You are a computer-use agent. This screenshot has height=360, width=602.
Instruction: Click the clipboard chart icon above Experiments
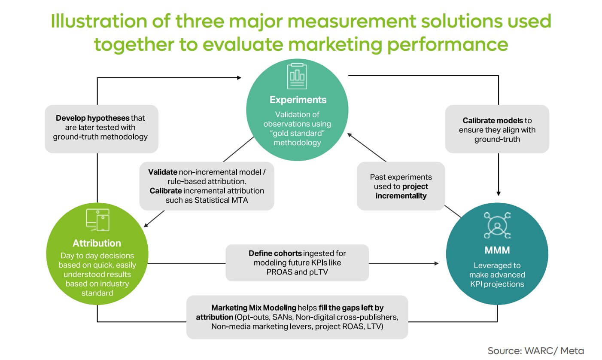coord(297,73)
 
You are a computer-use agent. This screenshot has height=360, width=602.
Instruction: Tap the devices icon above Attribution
coord(97,220)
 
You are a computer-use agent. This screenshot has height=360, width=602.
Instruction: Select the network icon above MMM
coord(497,225)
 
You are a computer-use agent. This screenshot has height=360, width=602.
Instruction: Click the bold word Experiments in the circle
coord(298,100)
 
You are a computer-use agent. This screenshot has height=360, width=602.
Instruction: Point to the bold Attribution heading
coord(97,243)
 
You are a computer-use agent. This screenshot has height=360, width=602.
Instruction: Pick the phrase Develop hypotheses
coord(92,117)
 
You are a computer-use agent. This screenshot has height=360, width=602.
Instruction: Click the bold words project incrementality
coord(401,191)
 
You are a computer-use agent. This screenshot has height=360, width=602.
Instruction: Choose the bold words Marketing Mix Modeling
coord(254,308)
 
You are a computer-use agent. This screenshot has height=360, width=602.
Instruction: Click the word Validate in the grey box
coord(163,171)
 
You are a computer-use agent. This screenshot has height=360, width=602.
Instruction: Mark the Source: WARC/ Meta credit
coord(535,350)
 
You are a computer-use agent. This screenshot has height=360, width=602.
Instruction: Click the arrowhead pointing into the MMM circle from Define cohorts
coord(437,263)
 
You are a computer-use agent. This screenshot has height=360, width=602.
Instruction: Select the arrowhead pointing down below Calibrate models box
coord(498,192)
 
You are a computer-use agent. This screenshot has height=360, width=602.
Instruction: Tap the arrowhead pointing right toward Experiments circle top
coord(239,78)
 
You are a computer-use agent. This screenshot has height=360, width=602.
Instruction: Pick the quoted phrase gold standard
coord(298,133)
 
